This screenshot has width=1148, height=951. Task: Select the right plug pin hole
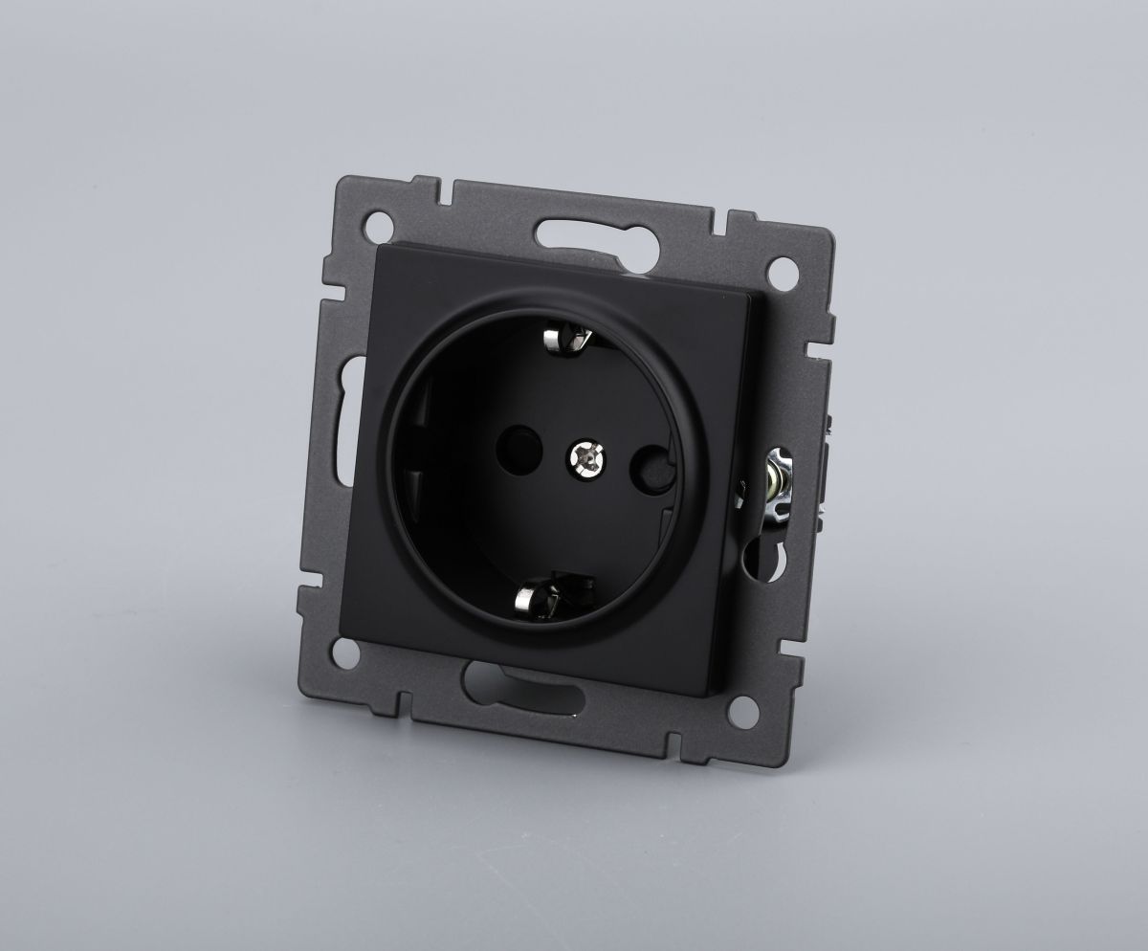[x=651, y=469]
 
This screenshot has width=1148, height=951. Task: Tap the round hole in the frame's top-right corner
[x=786, y=270]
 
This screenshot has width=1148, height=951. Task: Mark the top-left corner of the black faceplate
[x=381, y=246]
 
